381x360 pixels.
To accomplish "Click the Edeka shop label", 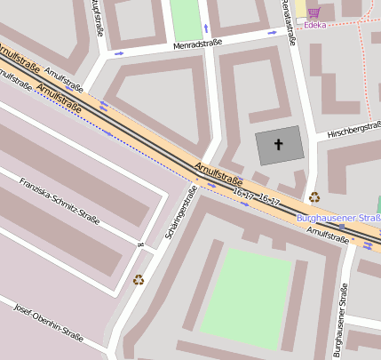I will [314, 26].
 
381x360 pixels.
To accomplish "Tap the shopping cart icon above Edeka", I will [314, 12].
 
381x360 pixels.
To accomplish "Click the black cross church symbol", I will [278, 144].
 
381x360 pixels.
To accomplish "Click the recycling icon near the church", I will [314, 197].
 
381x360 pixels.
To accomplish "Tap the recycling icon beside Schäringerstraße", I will [139, 280].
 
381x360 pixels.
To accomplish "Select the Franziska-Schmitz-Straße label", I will [60, 202].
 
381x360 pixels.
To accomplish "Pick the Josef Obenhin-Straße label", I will [49, 323].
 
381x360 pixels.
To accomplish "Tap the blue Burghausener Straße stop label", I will [338, 218].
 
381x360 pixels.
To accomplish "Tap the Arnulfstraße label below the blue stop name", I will [327, 234].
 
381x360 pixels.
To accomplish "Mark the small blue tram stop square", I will [341, 228].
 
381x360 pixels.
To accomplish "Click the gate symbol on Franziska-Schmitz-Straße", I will [139, 244].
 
